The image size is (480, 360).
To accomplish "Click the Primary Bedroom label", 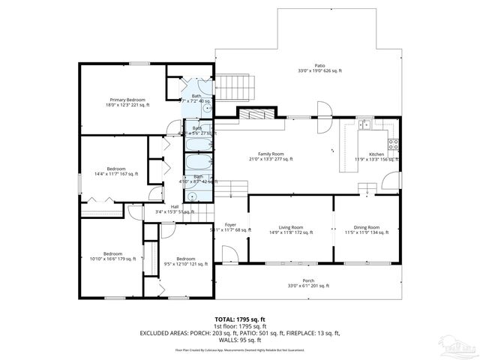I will tap(127, 100).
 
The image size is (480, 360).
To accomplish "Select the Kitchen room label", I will tap(376, 154).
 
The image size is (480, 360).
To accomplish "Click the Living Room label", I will tap(291, 226).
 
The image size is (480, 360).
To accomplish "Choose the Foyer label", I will tap(230, 224).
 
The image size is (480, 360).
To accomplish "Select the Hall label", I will tap(174, 207).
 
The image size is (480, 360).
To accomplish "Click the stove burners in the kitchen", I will tap(391, 142).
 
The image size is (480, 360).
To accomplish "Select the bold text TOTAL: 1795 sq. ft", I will tap(239, 319).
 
